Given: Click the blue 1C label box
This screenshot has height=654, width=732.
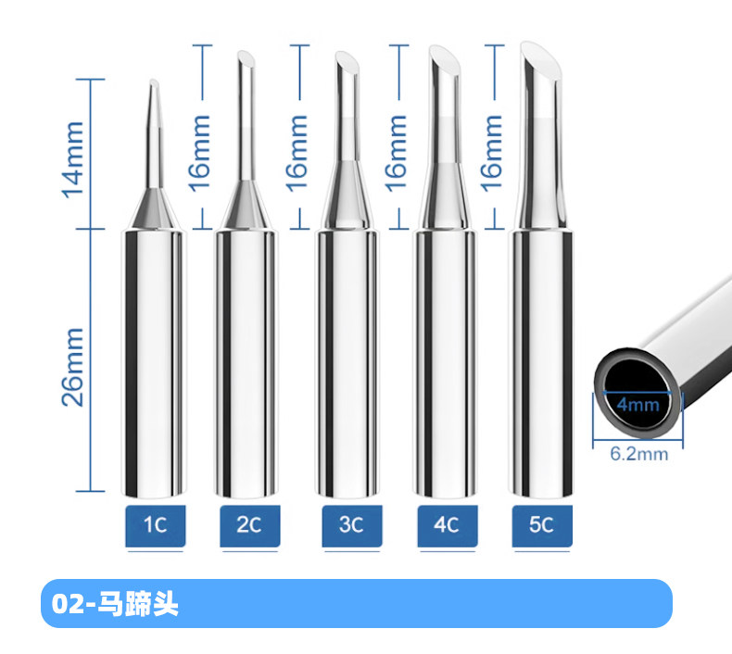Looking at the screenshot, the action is pos(156,525).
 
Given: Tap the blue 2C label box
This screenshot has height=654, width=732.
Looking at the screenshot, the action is pos(250,525).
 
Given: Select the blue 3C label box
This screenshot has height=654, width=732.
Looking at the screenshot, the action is pos(352,525).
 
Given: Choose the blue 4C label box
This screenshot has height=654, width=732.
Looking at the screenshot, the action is pos(448,525).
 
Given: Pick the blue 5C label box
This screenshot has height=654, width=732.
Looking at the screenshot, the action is pos(542,525).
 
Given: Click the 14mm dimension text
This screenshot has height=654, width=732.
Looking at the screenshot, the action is pos(73,160).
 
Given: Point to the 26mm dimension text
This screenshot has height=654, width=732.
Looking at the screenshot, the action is pos(73,367).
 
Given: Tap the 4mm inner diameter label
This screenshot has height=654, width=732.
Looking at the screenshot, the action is pos(637,404).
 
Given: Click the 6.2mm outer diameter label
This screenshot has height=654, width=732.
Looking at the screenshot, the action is pos(639,453).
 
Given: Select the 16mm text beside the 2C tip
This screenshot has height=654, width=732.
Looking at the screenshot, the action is pos(199,153).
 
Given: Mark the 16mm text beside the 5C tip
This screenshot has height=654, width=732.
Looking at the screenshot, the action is pos(492,153).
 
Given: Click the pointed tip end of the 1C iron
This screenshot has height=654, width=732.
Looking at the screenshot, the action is pos(153,81).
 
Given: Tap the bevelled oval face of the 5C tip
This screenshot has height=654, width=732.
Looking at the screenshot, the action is pos(541,57).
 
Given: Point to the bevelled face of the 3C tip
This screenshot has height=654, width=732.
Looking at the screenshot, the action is pos(347,61).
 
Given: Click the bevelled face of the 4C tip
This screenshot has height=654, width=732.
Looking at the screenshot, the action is pos(445,57).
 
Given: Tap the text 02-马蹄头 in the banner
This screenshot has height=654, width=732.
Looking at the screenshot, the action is pos(115,605).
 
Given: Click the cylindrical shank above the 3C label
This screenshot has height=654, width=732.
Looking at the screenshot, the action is pos(347,363).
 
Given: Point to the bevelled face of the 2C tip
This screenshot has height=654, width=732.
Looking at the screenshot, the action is pos(246,58).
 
